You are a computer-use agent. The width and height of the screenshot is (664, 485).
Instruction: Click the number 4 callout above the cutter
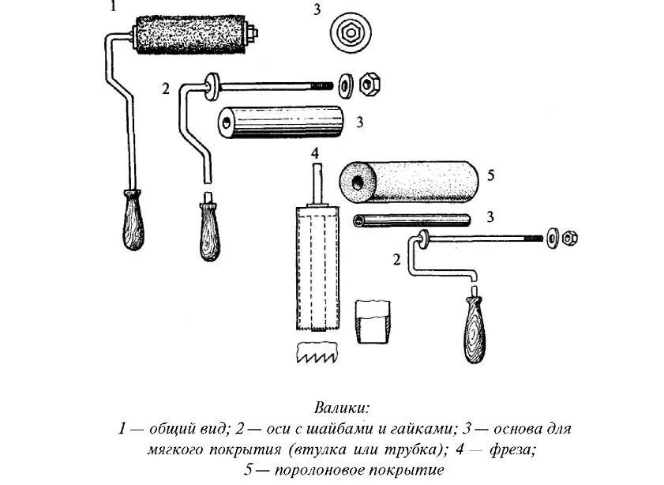[314, 152]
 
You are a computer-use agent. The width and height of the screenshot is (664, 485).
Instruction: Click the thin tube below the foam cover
[411, 220]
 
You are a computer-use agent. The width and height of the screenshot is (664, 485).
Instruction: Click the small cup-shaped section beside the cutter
[372, 321]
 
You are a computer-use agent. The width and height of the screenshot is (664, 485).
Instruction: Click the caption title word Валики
[342, 409]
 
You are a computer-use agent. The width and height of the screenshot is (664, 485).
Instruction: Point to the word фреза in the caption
[513, 450]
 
